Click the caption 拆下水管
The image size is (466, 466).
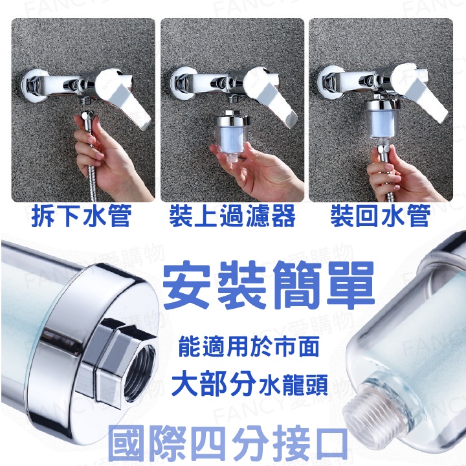coord(81,216)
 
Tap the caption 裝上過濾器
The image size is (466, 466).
coord(232,216)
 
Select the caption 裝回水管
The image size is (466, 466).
coord(381,216)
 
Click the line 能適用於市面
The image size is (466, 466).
coord(249,347)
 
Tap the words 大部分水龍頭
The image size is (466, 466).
coord(250,384)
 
